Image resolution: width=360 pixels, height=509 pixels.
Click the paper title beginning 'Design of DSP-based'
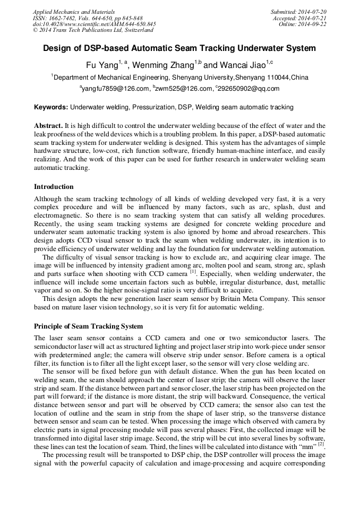coord(179,48)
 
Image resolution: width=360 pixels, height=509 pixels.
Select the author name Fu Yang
coord(101,65)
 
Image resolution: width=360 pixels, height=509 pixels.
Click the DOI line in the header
coord(94,24)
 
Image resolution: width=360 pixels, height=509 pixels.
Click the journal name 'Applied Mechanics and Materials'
coord(74,12)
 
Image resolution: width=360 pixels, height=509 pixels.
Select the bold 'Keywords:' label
coord(51,107)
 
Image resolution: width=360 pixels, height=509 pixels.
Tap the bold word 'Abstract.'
coord(48,125)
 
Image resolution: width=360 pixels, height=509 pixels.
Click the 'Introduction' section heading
coord(54,187)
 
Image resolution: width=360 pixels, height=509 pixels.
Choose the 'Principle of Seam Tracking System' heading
coord(88,326)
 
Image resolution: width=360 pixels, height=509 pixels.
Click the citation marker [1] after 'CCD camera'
coord(194,272)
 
